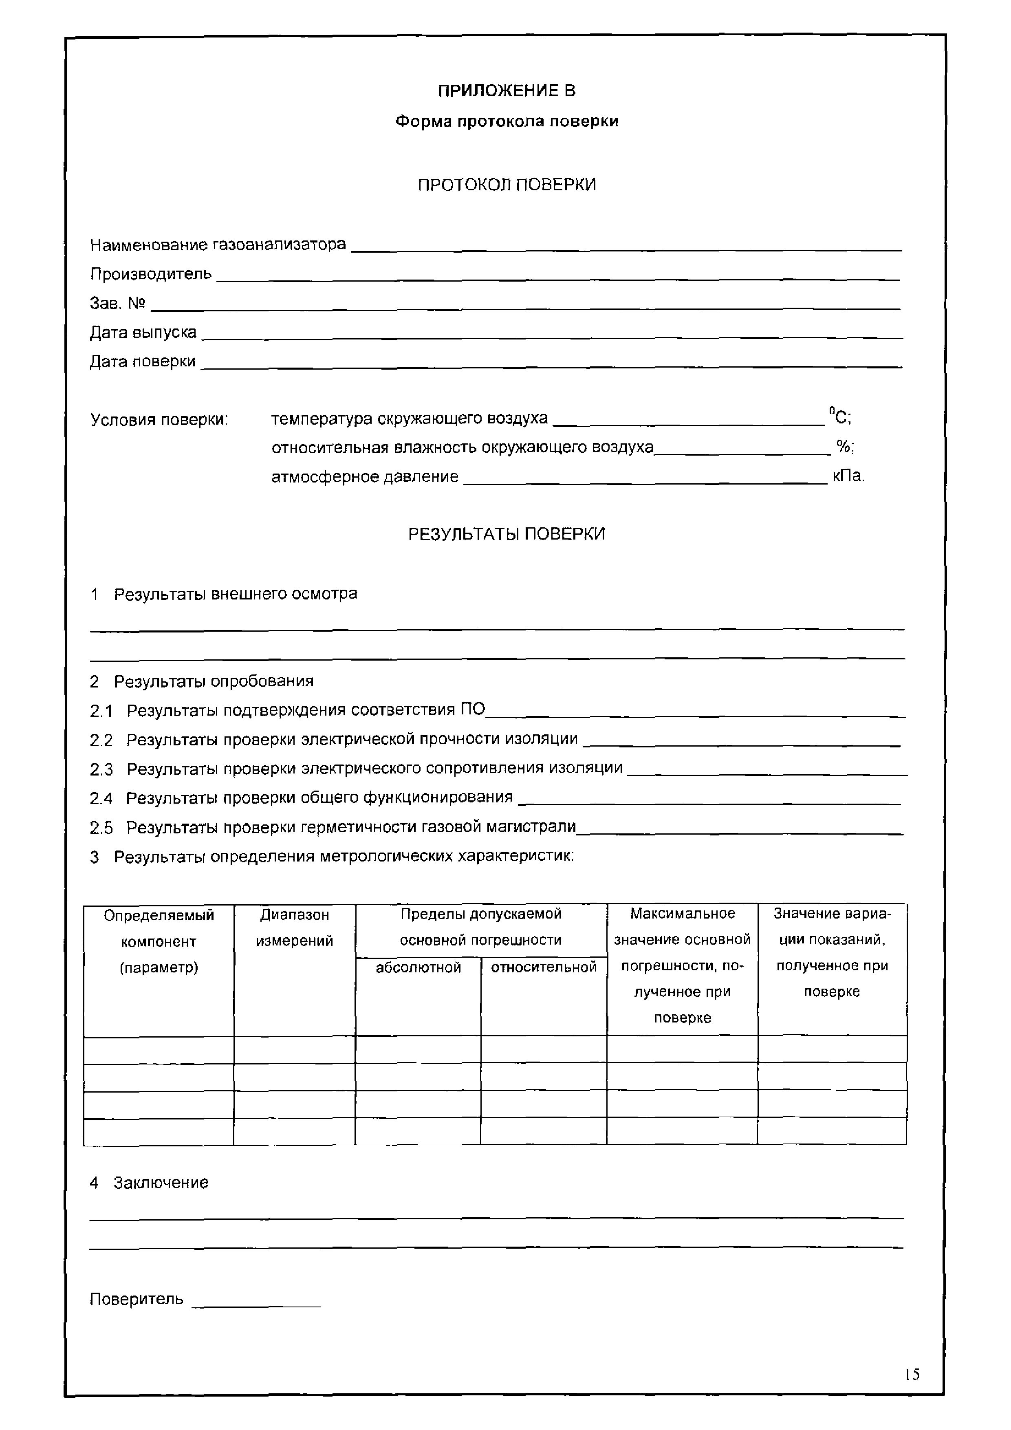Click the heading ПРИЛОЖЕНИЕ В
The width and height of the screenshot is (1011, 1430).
pos(507,91)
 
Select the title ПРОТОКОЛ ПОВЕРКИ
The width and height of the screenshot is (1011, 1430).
pos(507,185)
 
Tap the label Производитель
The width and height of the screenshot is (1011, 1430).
pos(151,274)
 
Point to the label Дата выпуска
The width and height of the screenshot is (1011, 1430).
pos(143,333)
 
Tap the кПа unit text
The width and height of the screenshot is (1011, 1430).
pos(848,476)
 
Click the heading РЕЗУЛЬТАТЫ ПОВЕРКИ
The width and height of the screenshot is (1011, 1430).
pos(507,534)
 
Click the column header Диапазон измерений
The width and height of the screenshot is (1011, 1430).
pos(294,928)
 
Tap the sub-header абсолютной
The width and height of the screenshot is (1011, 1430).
pos(418,967)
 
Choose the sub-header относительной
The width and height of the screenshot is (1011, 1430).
pos(544,967)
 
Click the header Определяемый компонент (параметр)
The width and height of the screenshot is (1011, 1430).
pos(159,941)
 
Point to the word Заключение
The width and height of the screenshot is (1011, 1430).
pos(161,1183)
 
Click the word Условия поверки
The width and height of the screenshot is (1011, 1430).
pos(159,420)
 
